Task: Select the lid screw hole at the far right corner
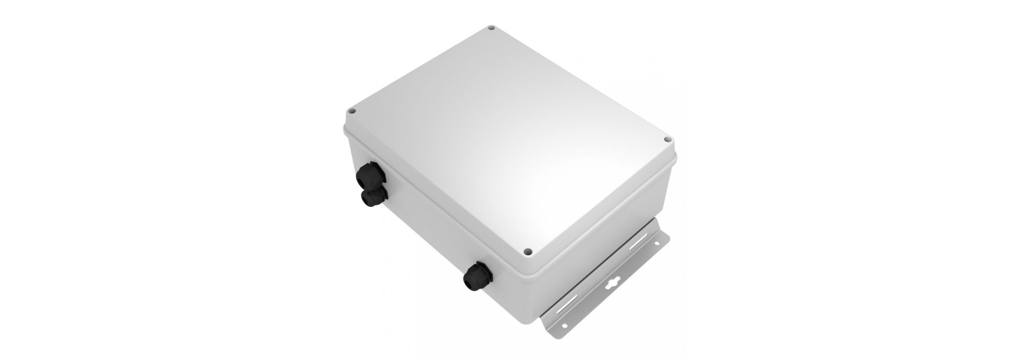667,140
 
